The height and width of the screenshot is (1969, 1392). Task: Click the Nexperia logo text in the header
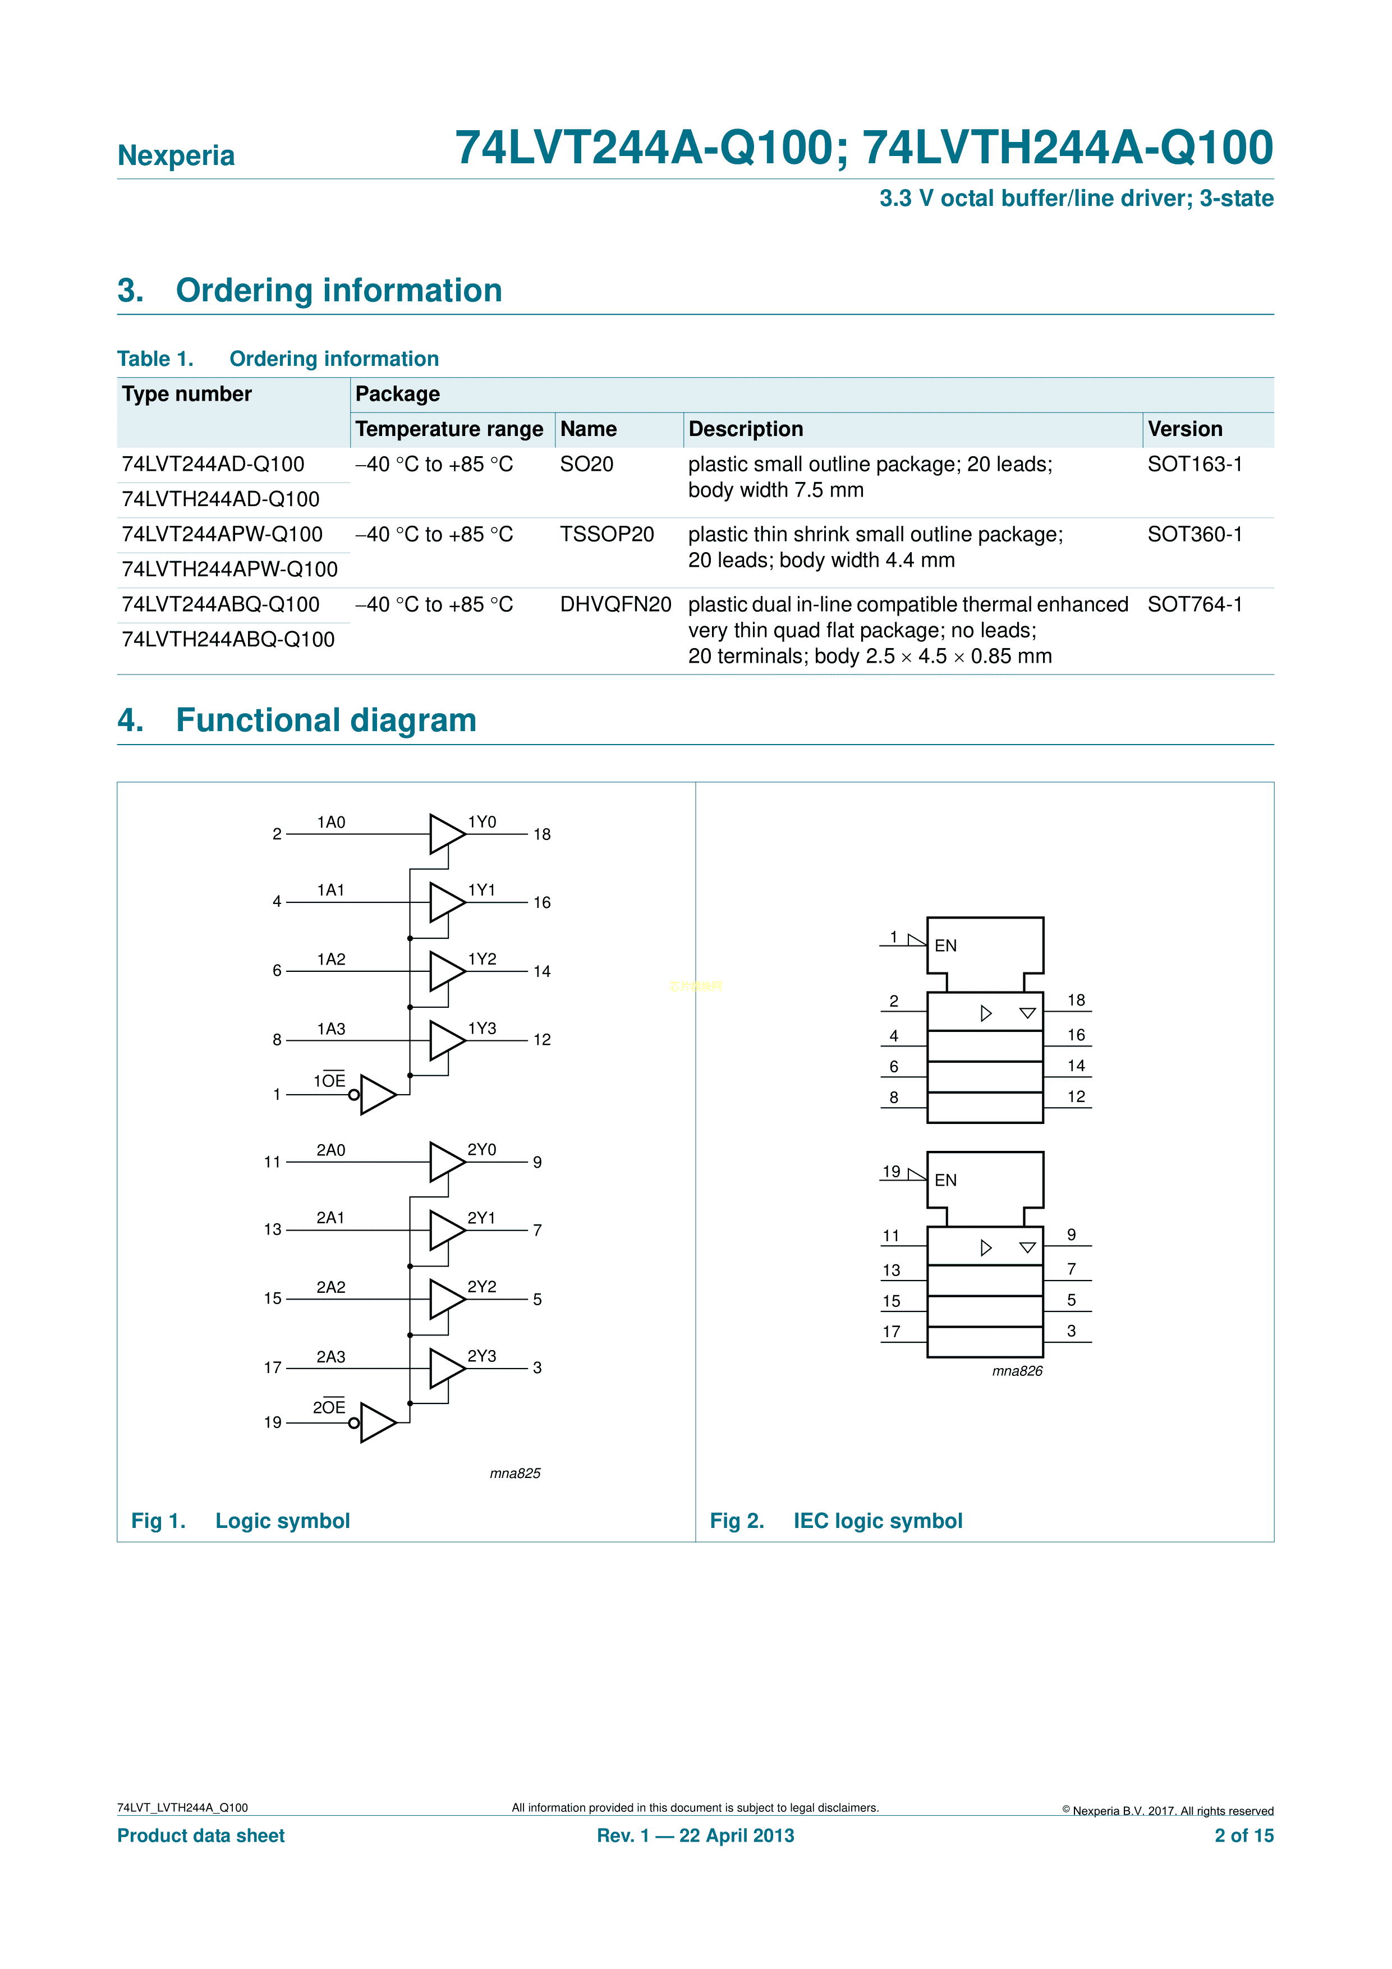176,155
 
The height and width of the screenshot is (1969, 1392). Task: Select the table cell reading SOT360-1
1194,534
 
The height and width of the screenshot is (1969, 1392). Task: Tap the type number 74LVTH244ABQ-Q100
228,640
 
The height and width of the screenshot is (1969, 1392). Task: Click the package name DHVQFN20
615,604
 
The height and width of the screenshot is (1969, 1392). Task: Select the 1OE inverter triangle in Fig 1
376,1095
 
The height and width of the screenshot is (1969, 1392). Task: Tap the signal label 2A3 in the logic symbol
330,1357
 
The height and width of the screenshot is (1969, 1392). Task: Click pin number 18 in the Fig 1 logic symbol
541,834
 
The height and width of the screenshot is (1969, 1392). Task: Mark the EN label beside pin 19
945,1180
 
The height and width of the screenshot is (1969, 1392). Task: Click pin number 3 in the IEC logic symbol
1071,1331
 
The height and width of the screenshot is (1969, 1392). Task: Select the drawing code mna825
514,1474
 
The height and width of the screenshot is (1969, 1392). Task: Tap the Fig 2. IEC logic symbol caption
835,1521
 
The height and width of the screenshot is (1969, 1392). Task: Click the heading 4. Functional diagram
297,720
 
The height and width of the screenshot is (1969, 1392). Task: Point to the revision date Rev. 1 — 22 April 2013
696,1835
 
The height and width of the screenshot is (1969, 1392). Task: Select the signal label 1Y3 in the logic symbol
481,1028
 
